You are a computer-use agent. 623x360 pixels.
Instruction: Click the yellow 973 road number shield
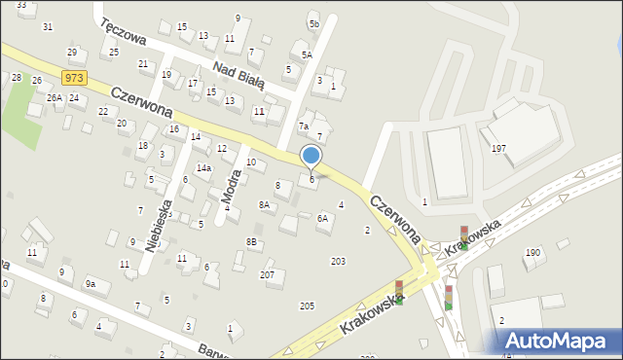72,77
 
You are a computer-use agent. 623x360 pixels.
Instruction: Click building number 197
498,149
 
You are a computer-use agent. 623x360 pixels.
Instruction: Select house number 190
532,253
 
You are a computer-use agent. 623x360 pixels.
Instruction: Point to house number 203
338,261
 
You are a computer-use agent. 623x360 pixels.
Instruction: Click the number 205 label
307,306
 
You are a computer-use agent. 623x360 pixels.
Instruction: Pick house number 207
267,275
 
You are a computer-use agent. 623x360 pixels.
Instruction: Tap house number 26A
55,98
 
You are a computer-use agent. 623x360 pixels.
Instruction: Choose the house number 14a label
203,168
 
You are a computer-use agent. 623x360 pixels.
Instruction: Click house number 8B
251,241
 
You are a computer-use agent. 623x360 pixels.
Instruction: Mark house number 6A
322,219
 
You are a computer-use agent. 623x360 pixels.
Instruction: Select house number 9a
91,284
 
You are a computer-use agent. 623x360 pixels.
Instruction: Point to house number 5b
313,23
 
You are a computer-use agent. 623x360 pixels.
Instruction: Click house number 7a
304,126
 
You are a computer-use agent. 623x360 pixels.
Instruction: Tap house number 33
21,5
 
